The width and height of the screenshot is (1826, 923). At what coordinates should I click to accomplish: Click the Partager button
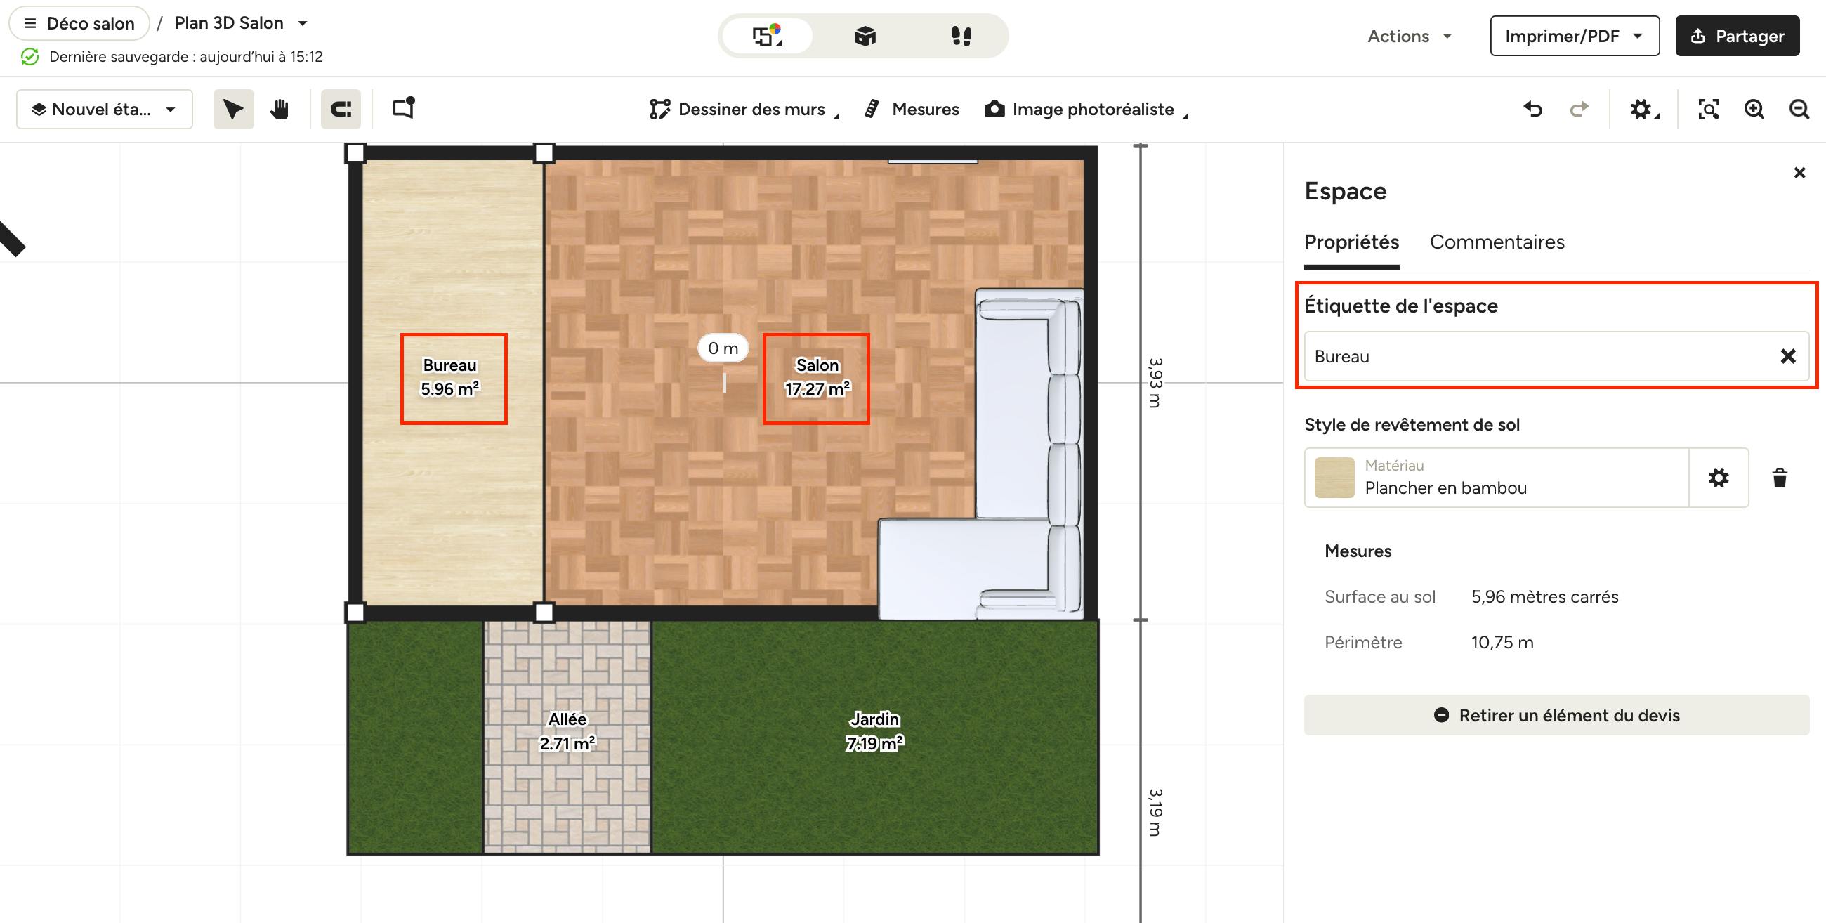[1737, 36]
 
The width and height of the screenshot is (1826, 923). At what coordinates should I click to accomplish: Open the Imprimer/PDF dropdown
[1575, 36]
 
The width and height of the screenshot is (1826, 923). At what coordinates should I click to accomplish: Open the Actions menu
[1410, 36]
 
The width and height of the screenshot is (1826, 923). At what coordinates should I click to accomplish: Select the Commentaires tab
[1497, 242]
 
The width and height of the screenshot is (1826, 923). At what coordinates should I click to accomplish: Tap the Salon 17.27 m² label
[817, 377]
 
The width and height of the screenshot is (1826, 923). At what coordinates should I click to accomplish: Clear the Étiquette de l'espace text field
[1787, 356]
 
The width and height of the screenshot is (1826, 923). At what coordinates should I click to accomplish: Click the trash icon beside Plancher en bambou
[1779, 478]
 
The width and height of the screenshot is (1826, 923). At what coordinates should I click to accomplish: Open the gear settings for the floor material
[1719, 478]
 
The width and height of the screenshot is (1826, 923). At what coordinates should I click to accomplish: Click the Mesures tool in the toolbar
[912, 109]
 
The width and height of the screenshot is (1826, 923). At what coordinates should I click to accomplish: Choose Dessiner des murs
[744, 109]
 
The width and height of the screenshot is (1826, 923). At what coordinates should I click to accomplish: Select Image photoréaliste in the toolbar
[1086, 109]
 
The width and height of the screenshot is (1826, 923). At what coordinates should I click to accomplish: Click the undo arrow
[1532, 109]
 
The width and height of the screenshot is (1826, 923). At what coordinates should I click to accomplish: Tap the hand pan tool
[280, 109]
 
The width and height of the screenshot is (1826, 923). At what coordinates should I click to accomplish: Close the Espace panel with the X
[1799, 172]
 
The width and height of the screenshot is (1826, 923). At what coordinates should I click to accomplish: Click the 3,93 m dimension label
[1155, 382]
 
